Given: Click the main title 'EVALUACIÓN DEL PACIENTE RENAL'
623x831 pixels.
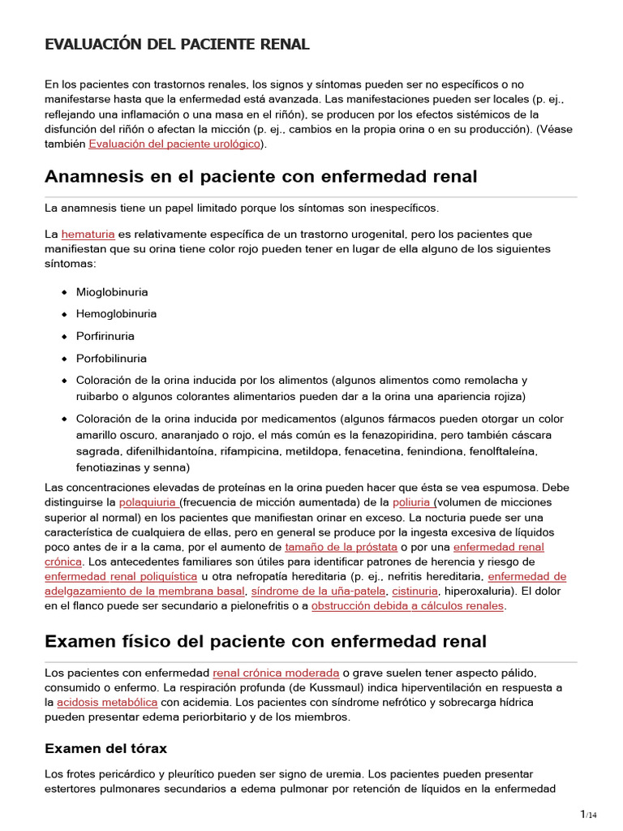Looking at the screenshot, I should (177, 45).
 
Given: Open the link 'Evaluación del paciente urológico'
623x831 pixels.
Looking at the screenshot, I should (174, 144).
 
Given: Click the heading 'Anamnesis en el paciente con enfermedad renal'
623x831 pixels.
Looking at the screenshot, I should (261, 176).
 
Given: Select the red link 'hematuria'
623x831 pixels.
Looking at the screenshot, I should (88, 234).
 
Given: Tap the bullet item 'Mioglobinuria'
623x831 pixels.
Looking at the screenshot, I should (112, 292).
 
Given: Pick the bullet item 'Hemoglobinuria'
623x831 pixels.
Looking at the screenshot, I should (116, 314).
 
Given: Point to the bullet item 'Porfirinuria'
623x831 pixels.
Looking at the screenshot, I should (105, 336).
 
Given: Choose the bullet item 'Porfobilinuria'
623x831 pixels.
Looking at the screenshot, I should (111, 358).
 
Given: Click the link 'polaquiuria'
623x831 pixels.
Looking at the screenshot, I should (146, 502).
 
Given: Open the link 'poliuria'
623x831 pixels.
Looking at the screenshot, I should (412, 502).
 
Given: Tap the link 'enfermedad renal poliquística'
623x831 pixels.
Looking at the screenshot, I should (121, 576).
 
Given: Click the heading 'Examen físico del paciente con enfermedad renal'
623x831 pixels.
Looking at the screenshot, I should (265, 641).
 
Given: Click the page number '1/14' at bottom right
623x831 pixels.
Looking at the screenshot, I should (587, 814).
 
